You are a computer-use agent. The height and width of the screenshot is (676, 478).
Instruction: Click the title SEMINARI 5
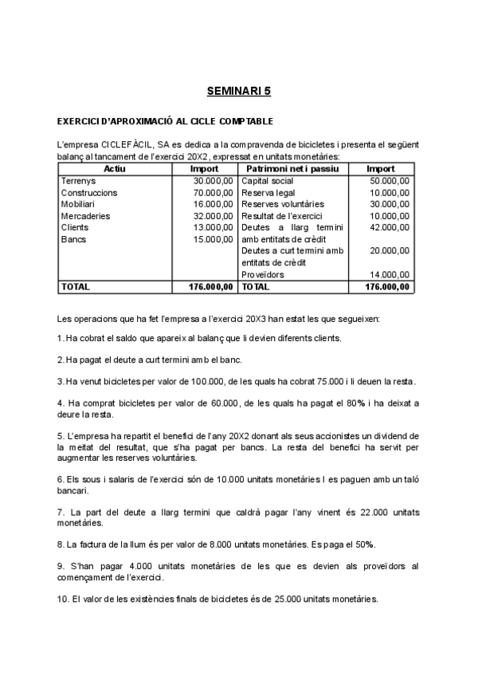tap(239, 92)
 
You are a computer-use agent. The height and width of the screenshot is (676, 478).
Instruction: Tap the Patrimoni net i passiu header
tap(292, 169)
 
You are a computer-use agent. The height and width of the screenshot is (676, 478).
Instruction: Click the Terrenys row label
tap(78, 181)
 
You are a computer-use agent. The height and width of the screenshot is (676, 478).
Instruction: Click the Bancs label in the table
tap(74, 239)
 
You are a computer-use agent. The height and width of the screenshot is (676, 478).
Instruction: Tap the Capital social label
tap(268, 181)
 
